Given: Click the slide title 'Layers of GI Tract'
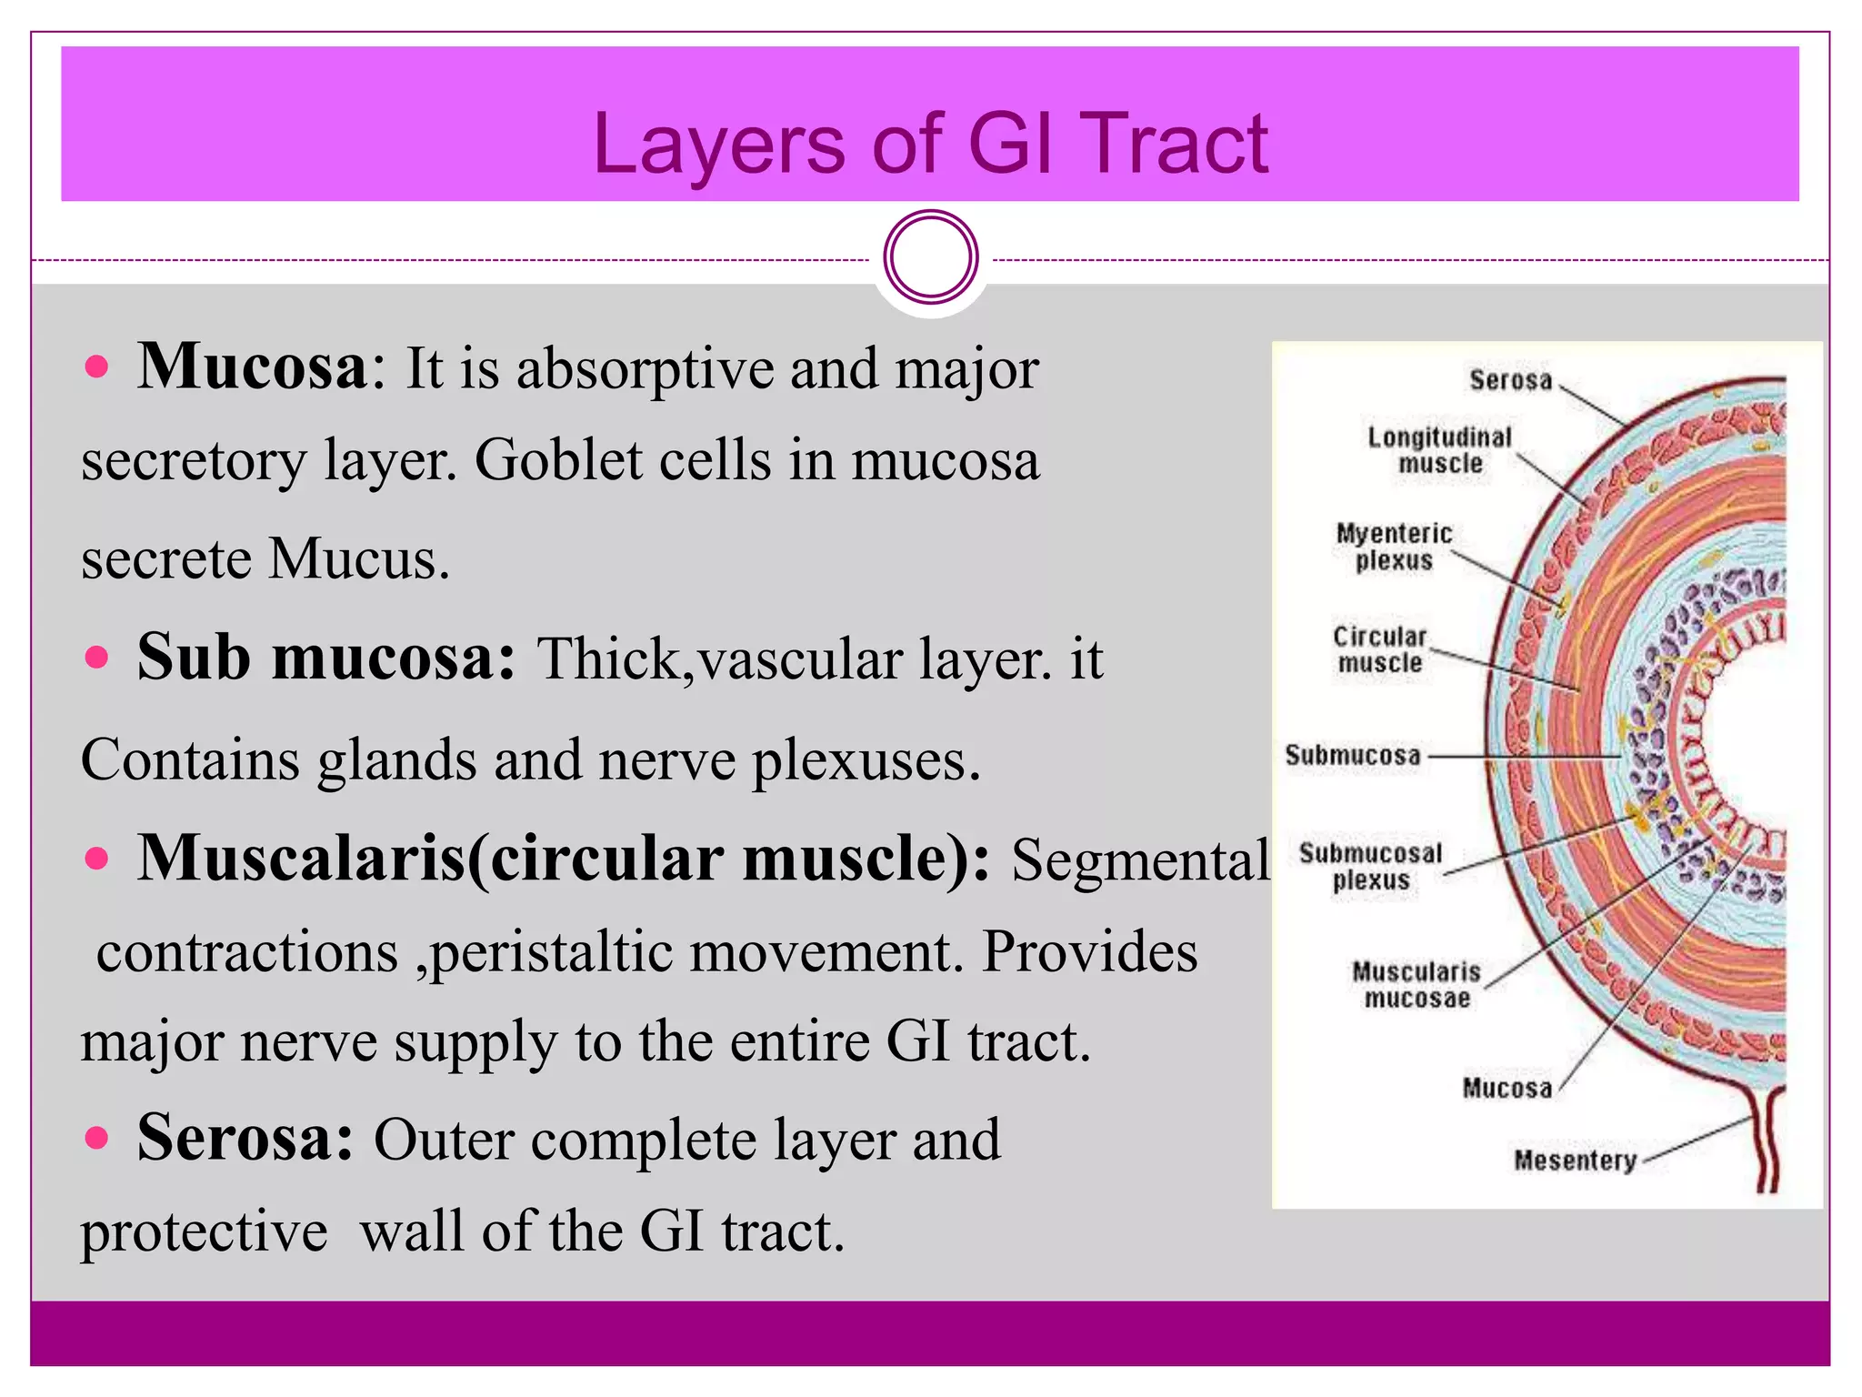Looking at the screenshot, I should click(x=929, y=144).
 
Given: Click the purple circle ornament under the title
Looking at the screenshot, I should click(x=930, y=257).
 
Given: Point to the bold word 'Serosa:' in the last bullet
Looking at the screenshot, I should click(x=244, y=1138).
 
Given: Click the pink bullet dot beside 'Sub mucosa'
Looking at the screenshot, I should click(x=96, y=657).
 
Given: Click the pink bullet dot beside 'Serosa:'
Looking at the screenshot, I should click(x=96, y=1137).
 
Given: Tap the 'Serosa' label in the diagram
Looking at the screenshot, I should click(x=1510, y=380).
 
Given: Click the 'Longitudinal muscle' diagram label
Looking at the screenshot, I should click(x=1439, y=450).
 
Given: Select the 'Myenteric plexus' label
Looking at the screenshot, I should click(x=1394, y=547).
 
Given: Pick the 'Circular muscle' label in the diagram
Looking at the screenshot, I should click(x=1379, y=649).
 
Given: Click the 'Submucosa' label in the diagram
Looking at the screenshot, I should click(x=1352, y=755).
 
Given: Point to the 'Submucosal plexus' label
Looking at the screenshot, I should click(x=1370, y=867).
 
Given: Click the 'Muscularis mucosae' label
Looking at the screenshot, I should click(x=1417, y=985).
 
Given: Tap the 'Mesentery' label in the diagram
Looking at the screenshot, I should click(x=1575, y=1161).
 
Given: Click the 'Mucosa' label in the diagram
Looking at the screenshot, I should click(x=1507, y=1088).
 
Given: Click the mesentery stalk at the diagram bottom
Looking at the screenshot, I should click(x=1767, y=1146).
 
